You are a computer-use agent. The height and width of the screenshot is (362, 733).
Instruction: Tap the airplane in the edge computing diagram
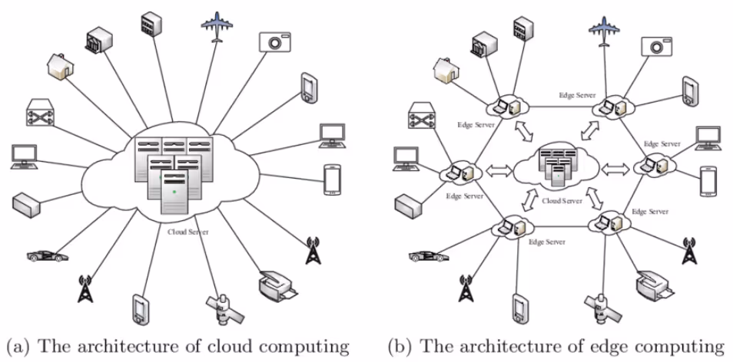(604, 31)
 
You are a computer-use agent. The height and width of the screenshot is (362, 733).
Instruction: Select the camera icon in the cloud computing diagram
(275, 42)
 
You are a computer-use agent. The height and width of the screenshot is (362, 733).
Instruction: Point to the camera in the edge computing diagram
(657, 47)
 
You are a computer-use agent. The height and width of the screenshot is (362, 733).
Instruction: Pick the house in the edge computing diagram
(448, 71)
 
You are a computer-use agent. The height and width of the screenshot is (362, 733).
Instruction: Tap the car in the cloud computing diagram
(47, 255)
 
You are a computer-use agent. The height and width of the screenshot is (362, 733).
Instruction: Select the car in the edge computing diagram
(429, 255)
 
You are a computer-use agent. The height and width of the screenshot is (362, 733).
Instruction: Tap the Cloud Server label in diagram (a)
(188, 232)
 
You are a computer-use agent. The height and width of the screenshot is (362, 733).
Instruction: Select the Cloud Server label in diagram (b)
(562, 201)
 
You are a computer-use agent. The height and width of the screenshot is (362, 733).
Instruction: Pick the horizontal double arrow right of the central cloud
(615, 169)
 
